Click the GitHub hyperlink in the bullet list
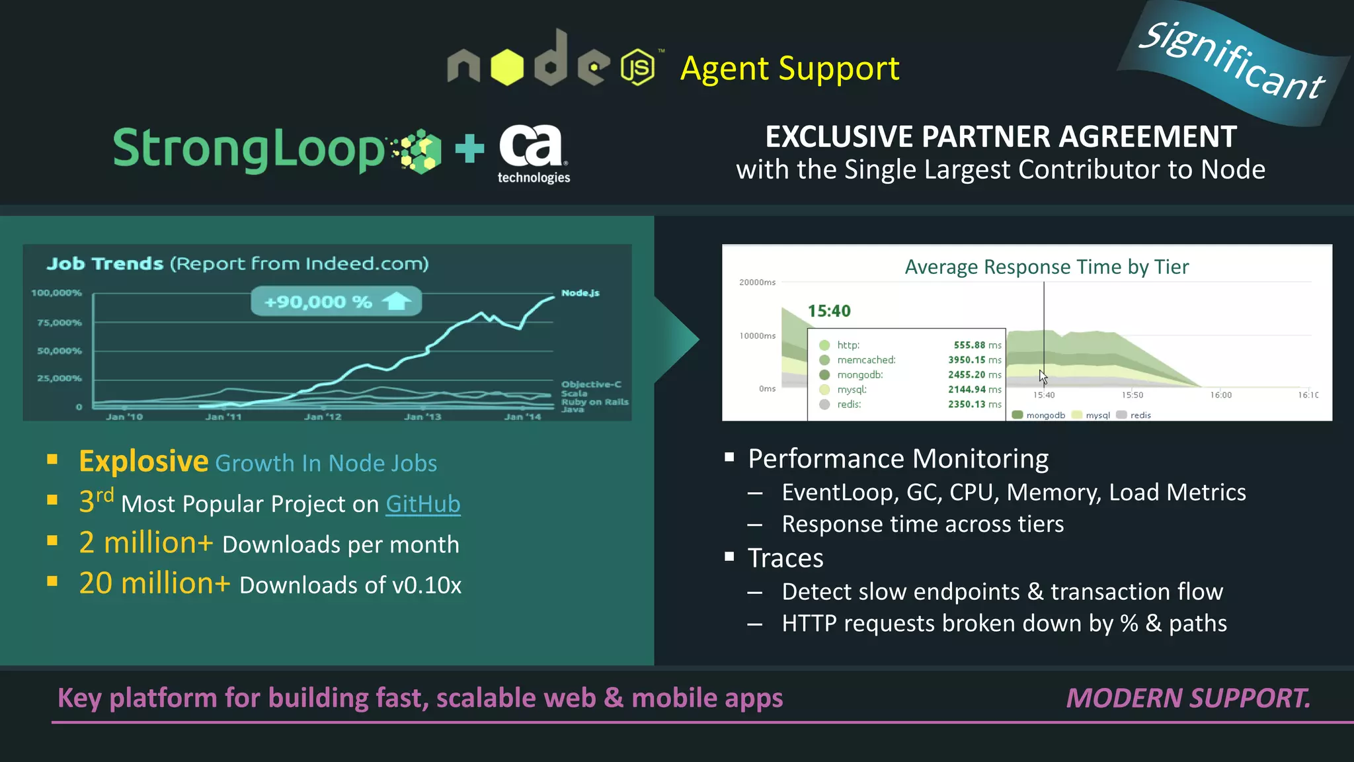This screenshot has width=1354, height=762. (422, 504)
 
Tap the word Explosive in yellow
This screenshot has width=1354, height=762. (143, 462)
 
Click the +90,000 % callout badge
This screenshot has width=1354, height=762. (336, 302)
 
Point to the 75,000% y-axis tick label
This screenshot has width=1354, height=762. (60, 323)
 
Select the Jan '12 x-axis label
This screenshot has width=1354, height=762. (323, 417)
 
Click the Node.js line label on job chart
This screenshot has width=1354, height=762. (580, 293)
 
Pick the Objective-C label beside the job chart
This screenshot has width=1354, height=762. (591, 384)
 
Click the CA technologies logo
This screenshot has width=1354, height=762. (533, 153)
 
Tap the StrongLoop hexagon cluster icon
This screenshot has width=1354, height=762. (417, 151)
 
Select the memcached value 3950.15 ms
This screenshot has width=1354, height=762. (975, 360)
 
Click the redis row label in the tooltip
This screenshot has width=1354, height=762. (849, 404)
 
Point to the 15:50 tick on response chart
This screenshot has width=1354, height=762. (1132, 395)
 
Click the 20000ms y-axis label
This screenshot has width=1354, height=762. (758, 282)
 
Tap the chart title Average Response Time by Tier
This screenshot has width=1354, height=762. (1047, 267)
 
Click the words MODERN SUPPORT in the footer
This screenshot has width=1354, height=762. (1188, 698)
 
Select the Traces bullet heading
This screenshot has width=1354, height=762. (785, 558)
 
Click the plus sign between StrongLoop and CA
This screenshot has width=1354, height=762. (470, 148)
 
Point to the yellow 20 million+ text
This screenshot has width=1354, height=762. (155, 583)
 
